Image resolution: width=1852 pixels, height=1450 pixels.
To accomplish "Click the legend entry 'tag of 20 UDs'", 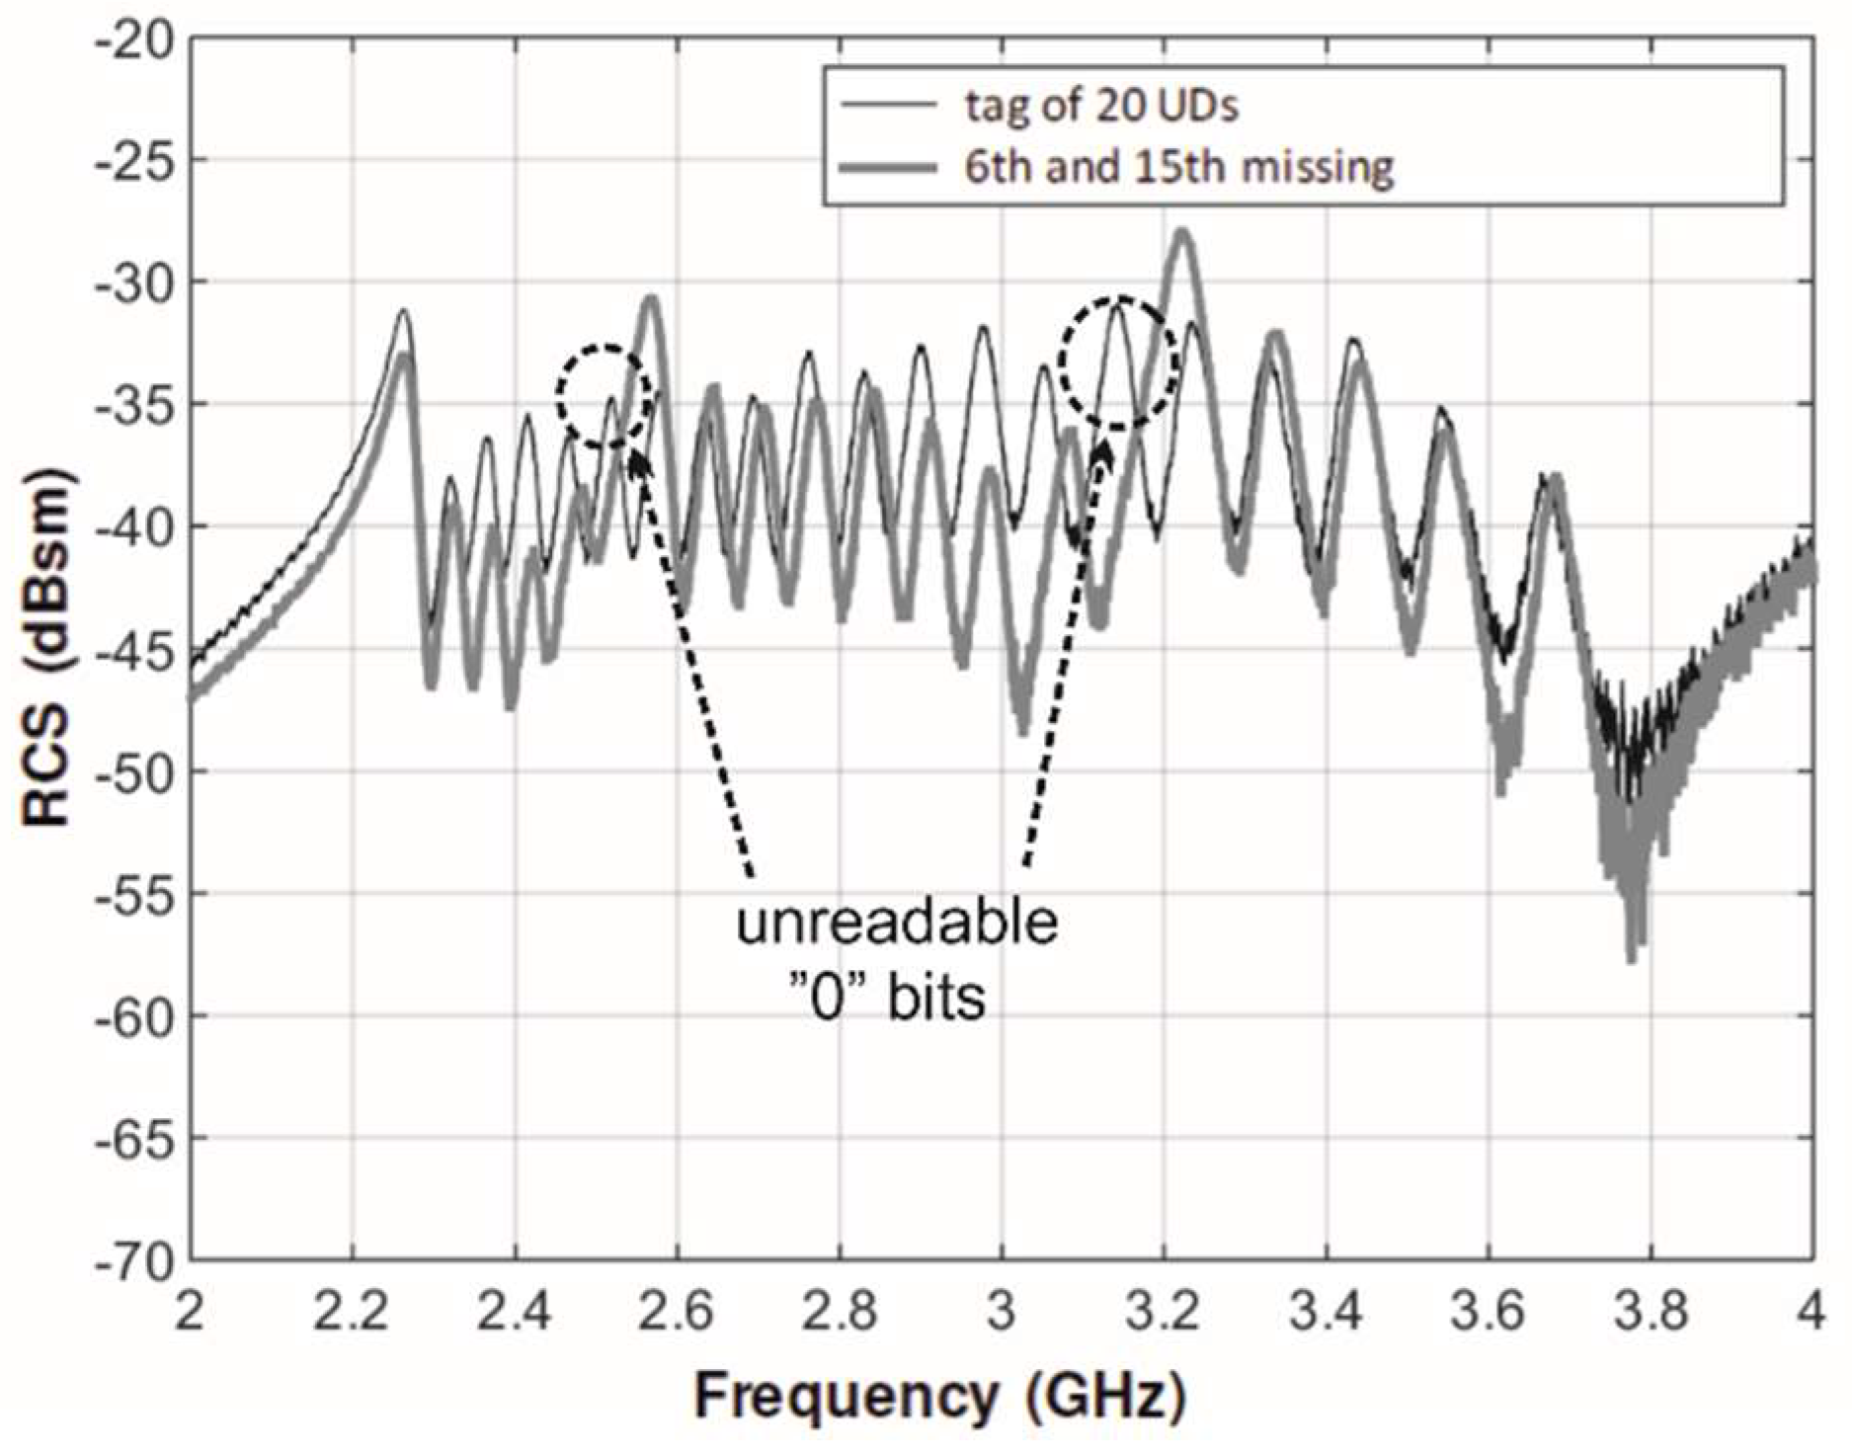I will click(1100, 106).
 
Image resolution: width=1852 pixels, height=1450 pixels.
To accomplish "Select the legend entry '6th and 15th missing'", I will click(1178, 167).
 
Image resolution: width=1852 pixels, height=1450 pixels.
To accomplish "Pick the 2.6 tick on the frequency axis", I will click(677, 1315).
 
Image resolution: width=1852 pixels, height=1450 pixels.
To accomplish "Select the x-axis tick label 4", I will click(1811, 1315).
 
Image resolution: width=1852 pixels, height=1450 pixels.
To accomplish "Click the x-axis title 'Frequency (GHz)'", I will click(938, 1397).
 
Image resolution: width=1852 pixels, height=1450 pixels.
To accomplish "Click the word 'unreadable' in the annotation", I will click(897, 924).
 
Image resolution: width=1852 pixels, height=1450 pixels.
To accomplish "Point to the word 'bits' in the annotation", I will click(935, 999).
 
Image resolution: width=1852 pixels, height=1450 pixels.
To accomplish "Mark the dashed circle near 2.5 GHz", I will click(604, 396).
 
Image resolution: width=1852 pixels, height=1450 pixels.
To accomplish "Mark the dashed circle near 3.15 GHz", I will click(1118, 362).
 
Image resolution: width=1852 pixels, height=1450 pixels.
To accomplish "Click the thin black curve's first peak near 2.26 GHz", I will click(403, 312).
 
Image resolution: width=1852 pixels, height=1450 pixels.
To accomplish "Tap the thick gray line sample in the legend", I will click(888, 168).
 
